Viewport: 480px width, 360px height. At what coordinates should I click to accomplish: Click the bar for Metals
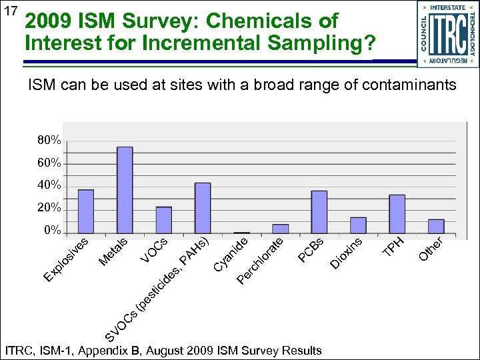tap(125, 190)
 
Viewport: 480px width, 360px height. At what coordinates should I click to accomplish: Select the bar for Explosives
tap(85, 211)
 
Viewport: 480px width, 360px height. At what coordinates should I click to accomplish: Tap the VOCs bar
tap(164, 220)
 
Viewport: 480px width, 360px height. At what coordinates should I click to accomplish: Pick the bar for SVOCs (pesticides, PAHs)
tap(203, 208)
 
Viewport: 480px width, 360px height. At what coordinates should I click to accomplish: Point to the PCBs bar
tap(319, 212)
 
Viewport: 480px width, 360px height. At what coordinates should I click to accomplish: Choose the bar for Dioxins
tap(358, 225)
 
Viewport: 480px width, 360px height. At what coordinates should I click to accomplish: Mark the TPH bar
tap(397, 214)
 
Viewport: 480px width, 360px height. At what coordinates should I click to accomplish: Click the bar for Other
tap(436, 226)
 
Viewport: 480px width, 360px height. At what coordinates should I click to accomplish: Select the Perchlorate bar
tap(281, 229)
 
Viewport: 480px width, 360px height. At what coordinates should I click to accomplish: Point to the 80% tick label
tap(49, 141)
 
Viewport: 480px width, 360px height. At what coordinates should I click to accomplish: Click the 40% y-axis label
tap(49, 185)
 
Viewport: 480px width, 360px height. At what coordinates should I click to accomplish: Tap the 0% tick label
tap(52, 231)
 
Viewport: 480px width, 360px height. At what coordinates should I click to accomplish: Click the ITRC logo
tap(447, 34)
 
